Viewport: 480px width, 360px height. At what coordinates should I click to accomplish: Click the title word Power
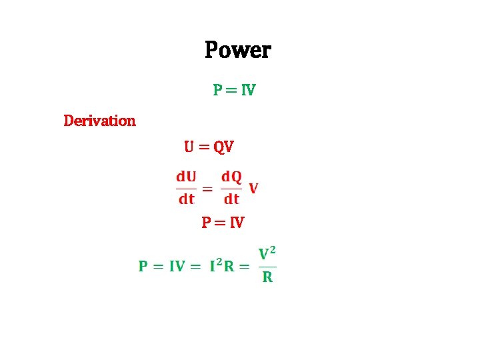238,50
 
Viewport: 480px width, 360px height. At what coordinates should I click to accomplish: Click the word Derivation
99,121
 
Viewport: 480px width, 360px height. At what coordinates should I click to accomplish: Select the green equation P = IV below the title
235,89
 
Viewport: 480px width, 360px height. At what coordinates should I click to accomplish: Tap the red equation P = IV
223,222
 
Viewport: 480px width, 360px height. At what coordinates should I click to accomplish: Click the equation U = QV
209,146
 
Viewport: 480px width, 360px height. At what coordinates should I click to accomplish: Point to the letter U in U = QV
189,146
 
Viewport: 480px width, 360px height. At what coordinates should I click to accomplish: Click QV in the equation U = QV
223,147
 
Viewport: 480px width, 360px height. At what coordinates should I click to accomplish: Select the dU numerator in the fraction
186,177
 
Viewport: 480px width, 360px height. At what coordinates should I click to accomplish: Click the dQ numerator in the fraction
231,177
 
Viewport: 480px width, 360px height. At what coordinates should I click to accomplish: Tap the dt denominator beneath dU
186,199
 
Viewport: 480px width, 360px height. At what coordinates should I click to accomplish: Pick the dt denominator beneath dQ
231,199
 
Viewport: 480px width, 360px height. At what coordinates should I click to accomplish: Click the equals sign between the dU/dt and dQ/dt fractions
207,189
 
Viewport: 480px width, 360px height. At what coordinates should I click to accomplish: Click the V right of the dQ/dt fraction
253,188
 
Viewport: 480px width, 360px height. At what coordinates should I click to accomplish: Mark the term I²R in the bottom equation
221,266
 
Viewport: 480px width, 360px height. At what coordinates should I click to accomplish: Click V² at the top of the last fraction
267,253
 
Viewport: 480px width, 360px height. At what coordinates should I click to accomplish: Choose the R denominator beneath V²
267,277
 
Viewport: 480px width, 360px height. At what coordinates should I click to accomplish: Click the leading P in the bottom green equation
143,266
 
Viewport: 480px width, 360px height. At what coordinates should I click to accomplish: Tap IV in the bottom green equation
177,266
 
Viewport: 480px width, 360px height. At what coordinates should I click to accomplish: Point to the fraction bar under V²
267,266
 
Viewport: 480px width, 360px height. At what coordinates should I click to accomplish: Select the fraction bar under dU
186,188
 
